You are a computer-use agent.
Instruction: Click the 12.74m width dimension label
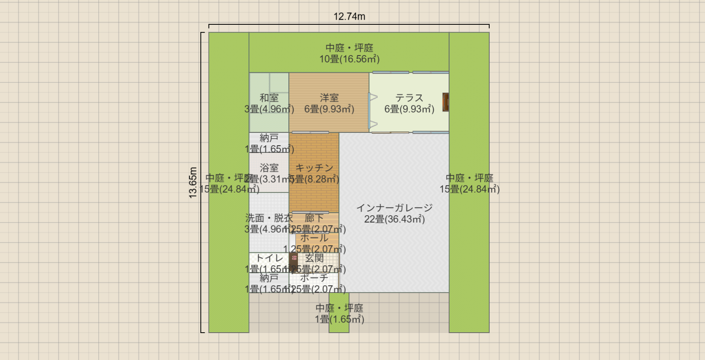tap(349, 17)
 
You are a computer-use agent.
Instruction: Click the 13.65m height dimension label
tap(193, 182)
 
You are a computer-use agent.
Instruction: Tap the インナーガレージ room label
tap(394, 208)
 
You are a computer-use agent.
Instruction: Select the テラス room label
tap(409, 98)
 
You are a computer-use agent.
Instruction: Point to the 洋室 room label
tap(329, 98)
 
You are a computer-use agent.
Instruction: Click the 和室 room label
tap(269, 98)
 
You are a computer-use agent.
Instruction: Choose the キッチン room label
tap(314, 168)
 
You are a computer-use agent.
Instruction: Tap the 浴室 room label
tap(269, 168)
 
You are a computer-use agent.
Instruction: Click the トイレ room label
tap(269, 258)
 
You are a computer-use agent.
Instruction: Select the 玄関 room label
tap(314, 258)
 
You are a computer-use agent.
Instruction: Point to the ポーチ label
tap(314, 278)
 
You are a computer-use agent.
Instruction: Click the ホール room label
tap(314, 238)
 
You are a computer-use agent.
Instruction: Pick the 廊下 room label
tap(314, 218)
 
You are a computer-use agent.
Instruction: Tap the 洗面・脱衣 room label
tap(269, 218)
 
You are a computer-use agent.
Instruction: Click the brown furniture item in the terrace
tap(446, 102)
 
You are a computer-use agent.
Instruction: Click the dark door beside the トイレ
tap(294, 259)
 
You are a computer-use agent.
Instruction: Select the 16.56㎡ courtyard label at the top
tap(349, 59)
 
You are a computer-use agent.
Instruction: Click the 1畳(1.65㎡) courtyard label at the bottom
tap(339, 319)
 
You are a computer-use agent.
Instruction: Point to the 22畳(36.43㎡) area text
tap(394, 219)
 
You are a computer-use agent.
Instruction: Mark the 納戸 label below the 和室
tap(269, 138)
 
